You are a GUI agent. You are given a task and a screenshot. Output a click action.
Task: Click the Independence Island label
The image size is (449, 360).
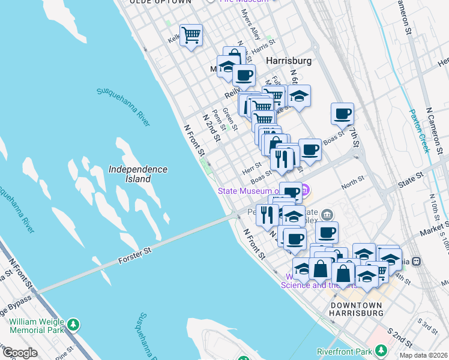point(138,174)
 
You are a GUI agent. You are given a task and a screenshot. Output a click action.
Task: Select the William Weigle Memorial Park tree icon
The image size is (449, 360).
point(73,325)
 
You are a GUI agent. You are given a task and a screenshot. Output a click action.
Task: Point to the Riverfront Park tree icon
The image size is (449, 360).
point(381,351)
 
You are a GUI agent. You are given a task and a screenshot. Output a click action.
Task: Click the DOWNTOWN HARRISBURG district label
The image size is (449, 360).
point(357,309)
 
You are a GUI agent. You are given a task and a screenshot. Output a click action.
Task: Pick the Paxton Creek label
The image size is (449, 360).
point(418,131)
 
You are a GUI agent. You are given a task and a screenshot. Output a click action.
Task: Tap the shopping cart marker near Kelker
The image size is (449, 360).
point(191,35)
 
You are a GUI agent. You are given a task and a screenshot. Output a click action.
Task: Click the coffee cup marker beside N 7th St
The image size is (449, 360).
point(342,113)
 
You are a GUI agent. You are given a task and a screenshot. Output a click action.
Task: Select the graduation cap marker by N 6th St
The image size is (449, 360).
point(299,95)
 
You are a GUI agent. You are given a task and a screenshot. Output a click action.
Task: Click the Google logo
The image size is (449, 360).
point(20,353)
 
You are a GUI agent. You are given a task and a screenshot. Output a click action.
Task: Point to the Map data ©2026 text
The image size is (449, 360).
point(423,355)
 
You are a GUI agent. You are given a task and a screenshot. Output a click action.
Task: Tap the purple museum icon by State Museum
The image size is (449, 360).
point(305,191)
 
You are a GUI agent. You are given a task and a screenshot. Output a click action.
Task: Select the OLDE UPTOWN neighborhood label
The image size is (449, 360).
point(161,2)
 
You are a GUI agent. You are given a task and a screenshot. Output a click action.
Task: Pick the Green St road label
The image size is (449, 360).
point(229,119)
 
